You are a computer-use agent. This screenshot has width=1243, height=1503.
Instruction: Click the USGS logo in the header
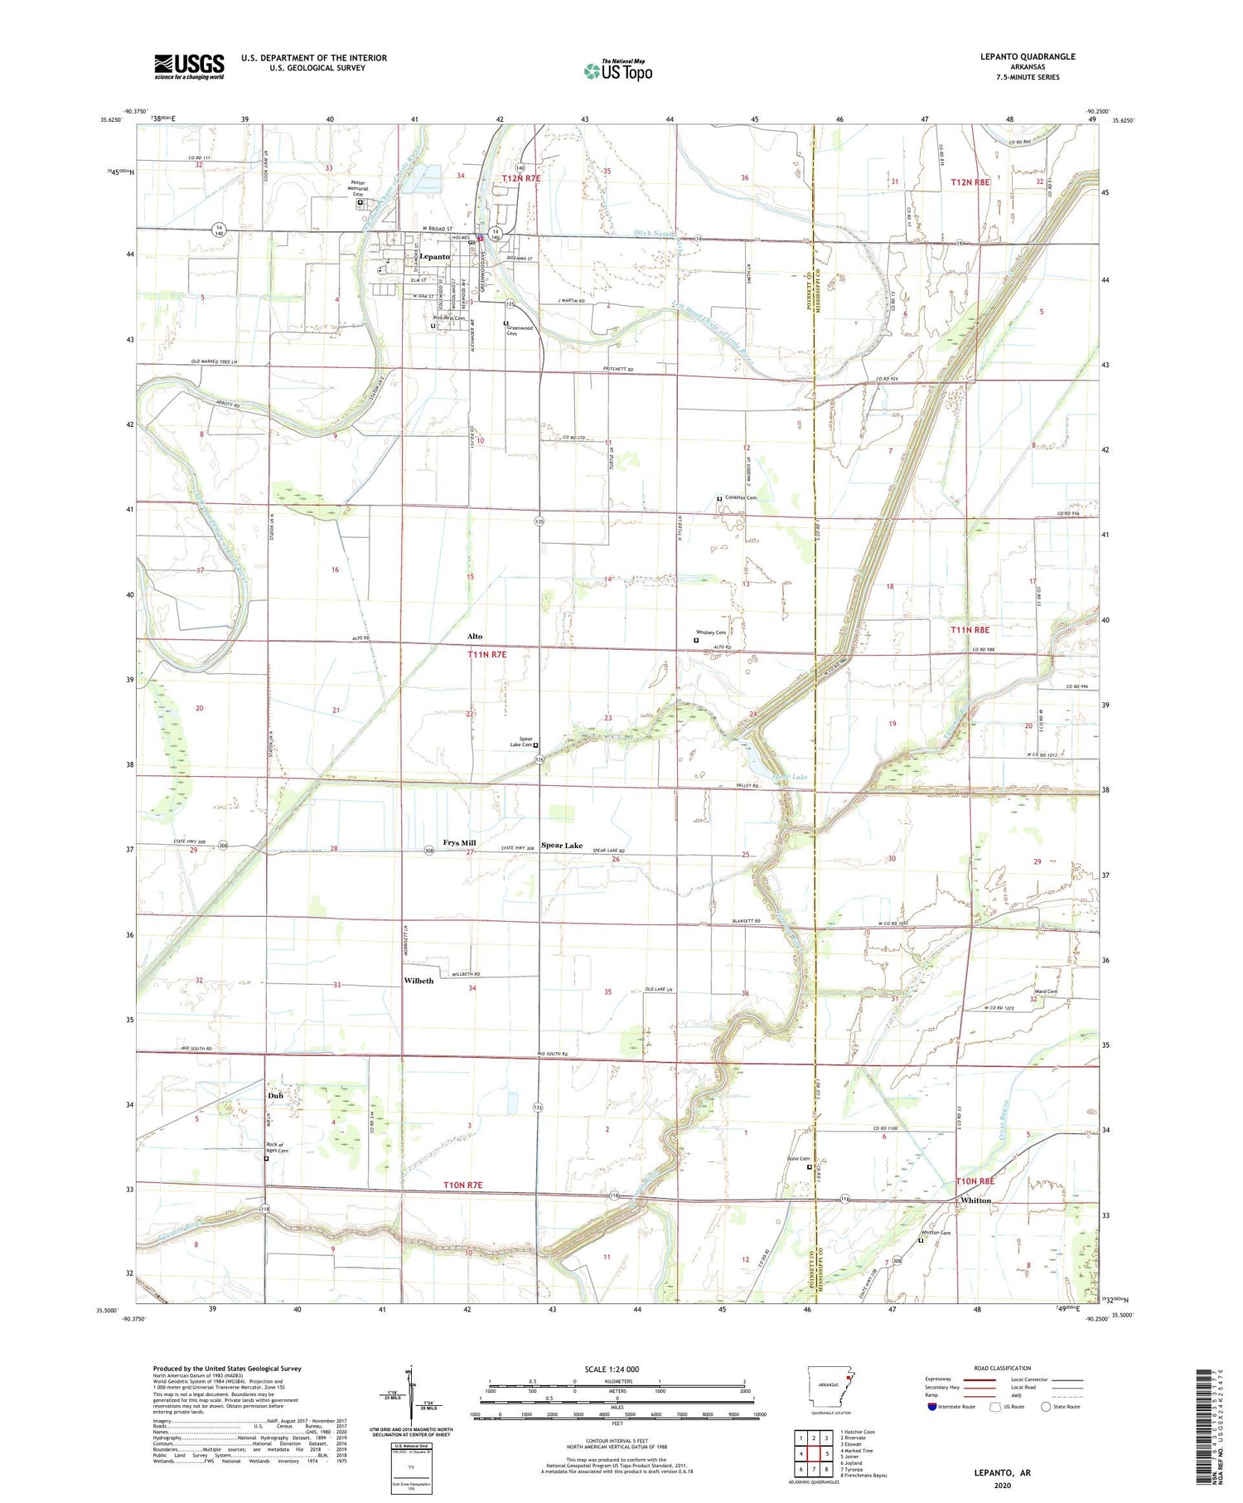189,66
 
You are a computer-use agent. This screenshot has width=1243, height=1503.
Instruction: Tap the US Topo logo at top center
618,70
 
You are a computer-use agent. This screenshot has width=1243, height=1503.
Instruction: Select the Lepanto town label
434,257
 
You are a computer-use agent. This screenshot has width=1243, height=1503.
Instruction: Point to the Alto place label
474,636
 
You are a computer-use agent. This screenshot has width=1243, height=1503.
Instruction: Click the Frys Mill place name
459,842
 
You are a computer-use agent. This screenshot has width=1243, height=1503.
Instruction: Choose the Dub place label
275,1095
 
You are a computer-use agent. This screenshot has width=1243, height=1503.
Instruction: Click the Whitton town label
975,1200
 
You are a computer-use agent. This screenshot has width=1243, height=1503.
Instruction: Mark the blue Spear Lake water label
789,777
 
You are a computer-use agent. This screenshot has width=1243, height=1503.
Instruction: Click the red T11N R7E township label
486,654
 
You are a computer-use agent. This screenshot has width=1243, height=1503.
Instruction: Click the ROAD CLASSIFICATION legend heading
1003,1368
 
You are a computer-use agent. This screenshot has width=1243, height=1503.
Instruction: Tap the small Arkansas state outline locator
829,1390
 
